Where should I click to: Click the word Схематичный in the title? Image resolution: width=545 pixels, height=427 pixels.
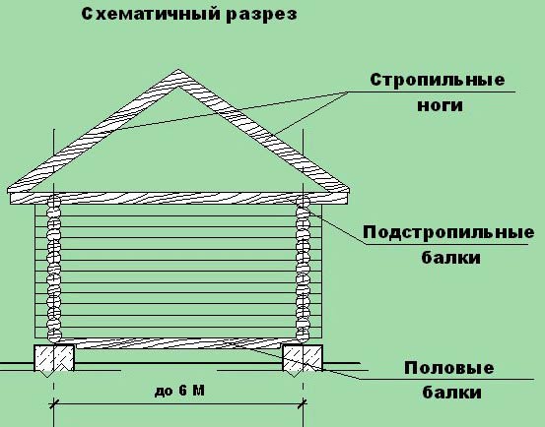[x=150, y=14]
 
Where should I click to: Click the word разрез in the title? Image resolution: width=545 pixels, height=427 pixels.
[x=261, y=16]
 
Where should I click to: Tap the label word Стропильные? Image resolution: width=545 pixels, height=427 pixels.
[x=438, y=80]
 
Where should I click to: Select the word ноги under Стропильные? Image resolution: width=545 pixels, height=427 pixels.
[x=440, y=104]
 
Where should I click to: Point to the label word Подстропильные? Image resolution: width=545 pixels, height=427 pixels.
[x=448, y=232]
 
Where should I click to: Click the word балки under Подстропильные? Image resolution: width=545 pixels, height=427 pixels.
[x=451, y=257]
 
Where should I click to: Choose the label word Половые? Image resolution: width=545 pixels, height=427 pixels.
[x=448, y=368]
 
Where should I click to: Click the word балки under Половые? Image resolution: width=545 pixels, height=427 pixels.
[x=451, y=392]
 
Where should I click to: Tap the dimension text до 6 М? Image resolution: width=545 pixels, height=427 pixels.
[x=179, y=391]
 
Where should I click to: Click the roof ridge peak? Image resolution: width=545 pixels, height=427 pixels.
[x=178, y=70]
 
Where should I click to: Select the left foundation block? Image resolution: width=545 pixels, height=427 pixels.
[x=54, y=358]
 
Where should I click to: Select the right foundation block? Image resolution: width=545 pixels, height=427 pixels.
[x=303, y=358]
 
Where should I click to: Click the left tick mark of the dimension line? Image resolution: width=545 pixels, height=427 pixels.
[x=53, y=404]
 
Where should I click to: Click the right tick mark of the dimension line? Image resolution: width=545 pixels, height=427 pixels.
[x=304, y=404]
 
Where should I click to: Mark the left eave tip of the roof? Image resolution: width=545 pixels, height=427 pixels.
[x=8, y=190]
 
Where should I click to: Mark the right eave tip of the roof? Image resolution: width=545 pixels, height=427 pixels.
[x=349, y=190]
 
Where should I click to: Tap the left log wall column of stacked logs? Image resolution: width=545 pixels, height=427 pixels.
[x=54, y=269]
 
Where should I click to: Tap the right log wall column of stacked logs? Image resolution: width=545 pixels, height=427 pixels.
[x=303, y=269]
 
